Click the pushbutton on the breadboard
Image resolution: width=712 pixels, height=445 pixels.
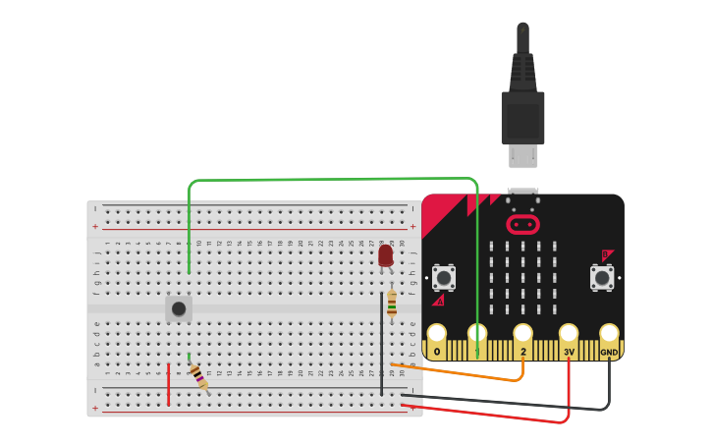[179, 308]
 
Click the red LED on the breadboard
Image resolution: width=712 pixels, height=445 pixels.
[385, 256]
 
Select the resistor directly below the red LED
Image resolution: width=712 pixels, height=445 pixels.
[392, 305]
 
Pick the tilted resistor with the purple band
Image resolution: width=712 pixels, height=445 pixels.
[199, 376]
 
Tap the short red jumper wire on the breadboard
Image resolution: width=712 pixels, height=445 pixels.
[168, 384]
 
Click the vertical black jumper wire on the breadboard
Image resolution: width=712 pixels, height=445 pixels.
[382, 344]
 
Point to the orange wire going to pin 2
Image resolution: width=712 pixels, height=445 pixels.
[462, 373]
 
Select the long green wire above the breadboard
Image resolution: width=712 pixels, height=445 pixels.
[334, 180]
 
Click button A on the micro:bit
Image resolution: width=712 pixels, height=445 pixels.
[444, 278]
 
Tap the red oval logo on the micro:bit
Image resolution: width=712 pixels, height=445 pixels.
[522, 225]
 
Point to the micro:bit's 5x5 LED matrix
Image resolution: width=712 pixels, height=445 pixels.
[522, 278]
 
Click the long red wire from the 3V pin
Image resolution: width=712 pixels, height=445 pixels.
[491, 415]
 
